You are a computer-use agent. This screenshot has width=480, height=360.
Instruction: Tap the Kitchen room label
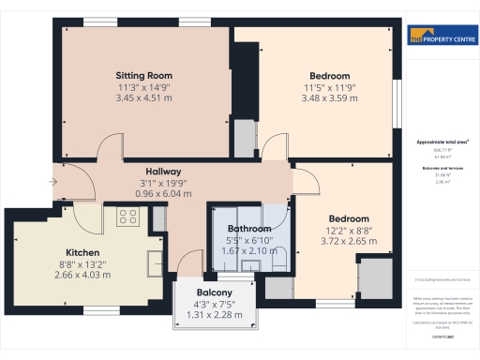point(82,252)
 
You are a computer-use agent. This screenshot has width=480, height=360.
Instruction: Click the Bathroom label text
point(249,228)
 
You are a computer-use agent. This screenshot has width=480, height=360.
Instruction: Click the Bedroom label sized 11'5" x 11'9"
point(330,76)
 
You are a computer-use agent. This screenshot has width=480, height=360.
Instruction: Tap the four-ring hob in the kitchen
point(127,217)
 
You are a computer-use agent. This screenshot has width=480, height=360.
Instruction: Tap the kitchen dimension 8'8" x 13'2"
point(82,264)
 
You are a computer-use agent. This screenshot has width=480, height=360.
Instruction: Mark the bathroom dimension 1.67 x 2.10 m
point(249,251)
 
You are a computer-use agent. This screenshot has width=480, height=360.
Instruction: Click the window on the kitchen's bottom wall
point(96,309)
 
